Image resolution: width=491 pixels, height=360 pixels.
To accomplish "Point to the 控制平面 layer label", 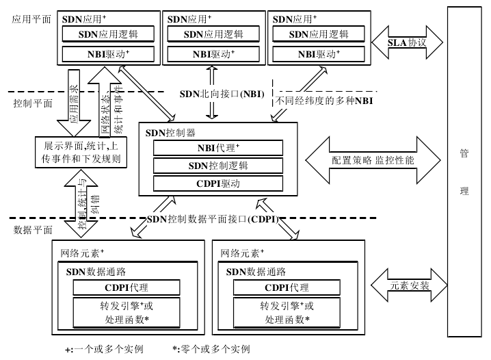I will [32, 103].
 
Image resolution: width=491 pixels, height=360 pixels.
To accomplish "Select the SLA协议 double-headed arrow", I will [407, 42].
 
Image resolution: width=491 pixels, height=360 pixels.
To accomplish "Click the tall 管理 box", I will [464, 171].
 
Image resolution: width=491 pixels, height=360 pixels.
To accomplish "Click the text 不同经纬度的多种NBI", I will [325, 102].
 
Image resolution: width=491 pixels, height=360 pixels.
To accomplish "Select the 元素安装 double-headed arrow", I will [410, 285].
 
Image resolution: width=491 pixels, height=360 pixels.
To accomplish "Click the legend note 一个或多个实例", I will [104, 350].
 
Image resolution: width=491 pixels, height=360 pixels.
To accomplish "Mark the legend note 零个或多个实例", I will [211, 350].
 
